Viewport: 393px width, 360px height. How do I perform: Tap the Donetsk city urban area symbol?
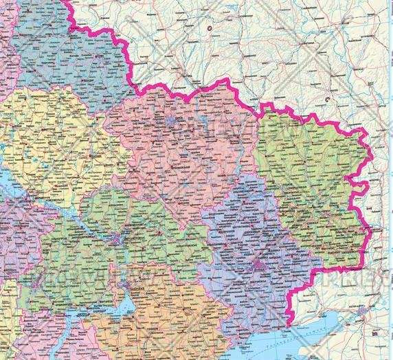pos(260,264)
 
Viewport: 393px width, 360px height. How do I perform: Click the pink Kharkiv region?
pos(179,158)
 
